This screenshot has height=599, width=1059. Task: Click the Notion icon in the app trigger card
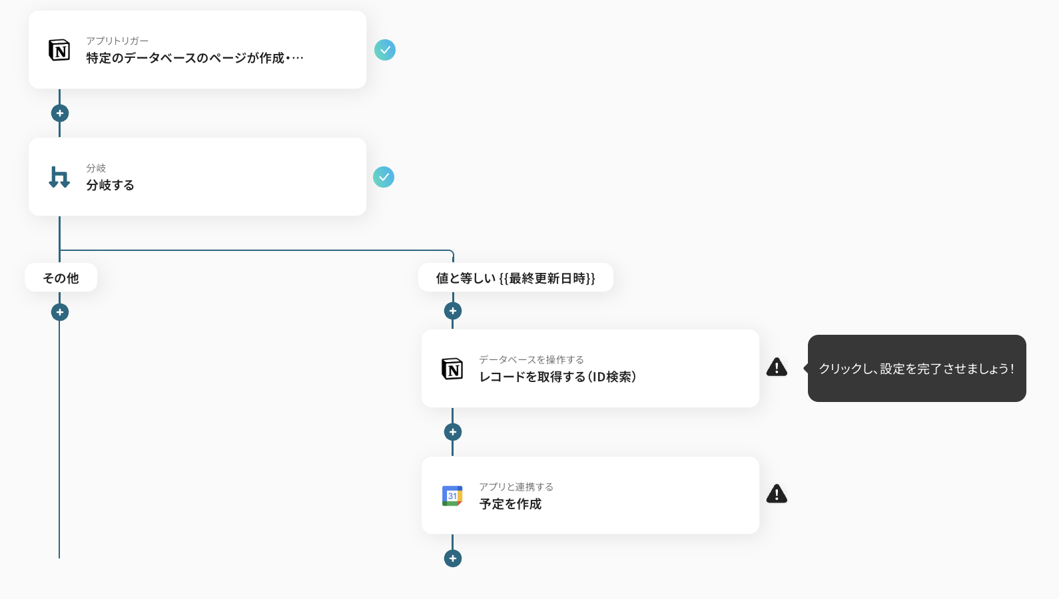[x=59, y=50]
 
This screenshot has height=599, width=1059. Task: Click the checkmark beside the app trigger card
[x=385, y=50]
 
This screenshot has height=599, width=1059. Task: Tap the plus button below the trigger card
[x=60, y=113]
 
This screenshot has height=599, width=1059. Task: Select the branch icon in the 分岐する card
[x=59, y=177]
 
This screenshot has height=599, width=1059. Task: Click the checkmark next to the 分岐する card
[x=384, y=177]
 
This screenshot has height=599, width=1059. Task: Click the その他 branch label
[x=61, y=278]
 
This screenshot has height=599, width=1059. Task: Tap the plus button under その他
[x=60, y=312]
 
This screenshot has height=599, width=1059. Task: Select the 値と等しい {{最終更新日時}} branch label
[x=516, y=278]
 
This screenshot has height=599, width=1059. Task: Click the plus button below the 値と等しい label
[x=453, y=311]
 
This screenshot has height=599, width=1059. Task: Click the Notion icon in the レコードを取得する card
[x=452, y=369]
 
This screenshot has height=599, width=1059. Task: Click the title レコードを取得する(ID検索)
[x=557, y=377]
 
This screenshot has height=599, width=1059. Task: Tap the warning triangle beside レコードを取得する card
[x=777, y=367]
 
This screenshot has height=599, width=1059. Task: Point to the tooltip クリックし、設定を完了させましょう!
[x=916, y=369]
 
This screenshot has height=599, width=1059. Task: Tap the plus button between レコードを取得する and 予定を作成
[x=453, y=432]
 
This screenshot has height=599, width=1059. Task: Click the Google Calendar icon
[x=452, y=496]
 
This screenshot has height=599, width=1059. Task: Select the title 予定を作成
[x=510, y=504]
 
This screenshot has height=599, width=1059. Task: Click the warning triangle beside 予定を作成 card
[x=777, y=494]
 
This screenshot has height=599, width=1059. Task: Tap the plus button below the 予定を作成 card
[x=453, y=558]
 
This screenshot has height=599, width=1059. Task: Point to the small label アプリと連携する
[x=516, y=487]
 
